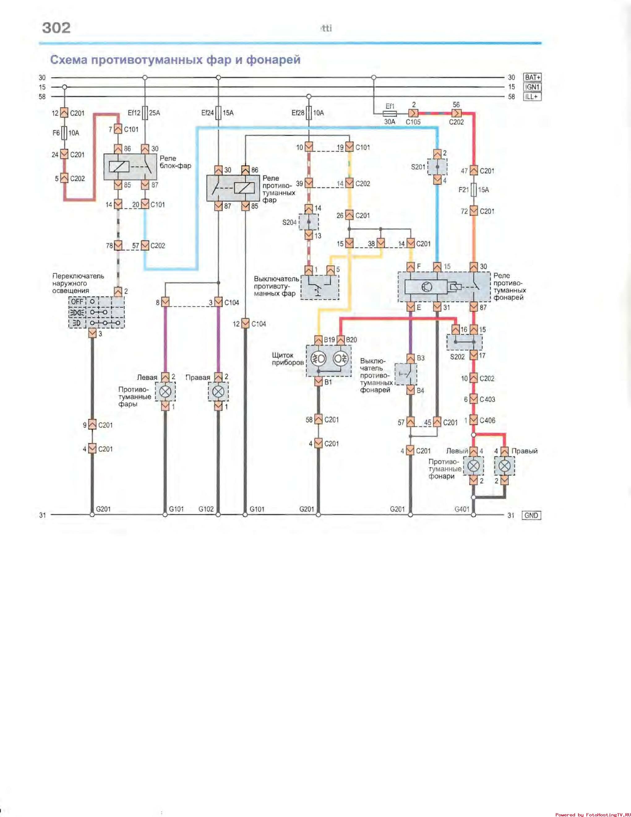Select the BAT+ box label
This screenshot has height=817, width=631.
(532, 77)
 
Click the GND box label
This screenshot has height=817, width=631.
(531, 515)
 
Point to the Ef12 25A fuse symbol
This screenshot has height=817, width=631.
(145, 113)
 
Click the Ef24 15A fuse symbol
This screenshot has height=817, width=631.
(218, 113)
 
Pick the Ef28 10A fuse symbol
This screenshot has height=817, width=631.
(309, 113)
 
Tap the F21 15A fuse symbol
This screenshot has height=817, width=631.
(474, 190)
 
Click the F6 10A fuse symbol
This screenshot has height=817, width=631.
(64, 133)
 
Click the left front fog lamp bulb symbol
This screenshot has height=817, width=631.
(165, 392)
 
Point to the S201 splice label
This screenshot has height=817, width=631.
(418, 167)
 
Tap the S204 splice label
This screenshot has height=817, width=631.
(289, 223)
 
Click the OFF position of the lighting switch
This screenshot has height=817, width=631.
(77, 302)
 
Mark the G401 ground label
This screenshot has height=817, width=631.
(462, 509)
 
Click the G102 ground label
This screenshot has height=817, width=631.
(206, 509)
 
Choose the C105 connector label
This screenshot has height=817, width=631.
(413, 122)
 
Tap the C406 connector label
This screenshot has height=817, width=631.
(487, 420)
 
